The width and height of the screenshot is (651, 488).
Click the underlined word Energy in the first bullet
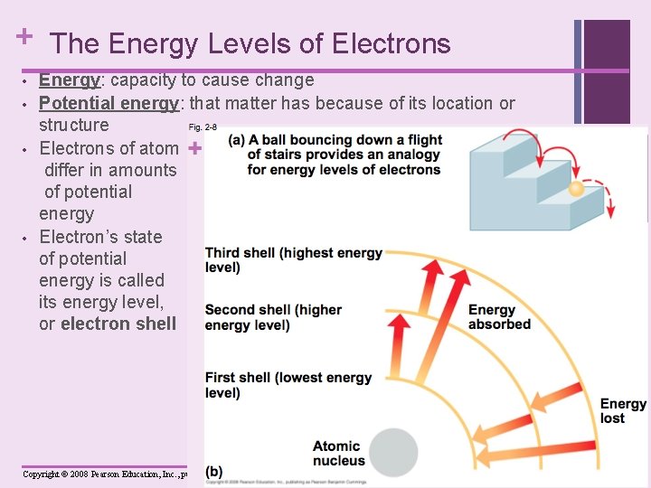click(x=69, y=80)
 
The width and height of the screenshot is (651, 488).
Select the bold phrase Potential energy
click(x=108, y=103)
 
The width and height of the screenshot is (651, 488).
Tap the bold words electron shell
click(x=118, y=324)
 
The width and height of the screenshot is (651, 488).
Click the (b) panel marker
click(x=215, y=470)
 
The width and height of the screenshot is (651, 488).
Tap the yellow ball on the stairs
click(x=576, y=189)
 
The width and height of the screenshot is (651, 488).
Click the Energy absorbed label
click(x=499, y=317)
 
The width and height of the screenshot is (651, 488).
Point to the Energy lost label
click(x=624, y=411)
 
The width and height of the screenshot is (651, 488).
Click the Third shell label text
click(x=293, y=259)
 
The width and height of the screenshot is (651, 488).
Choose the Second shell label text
click(x=273, y=317)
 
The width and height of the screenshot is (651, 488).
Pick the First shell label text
click(x=288, y=385)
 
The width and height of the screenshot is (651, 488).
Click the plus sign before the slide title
click(x=24, y=37)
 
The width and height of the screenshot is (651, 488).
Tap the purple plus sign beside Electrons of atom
click(x=194, y=147)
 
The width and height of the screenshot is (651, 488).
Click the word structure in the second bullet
click(x=73, y=125)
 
